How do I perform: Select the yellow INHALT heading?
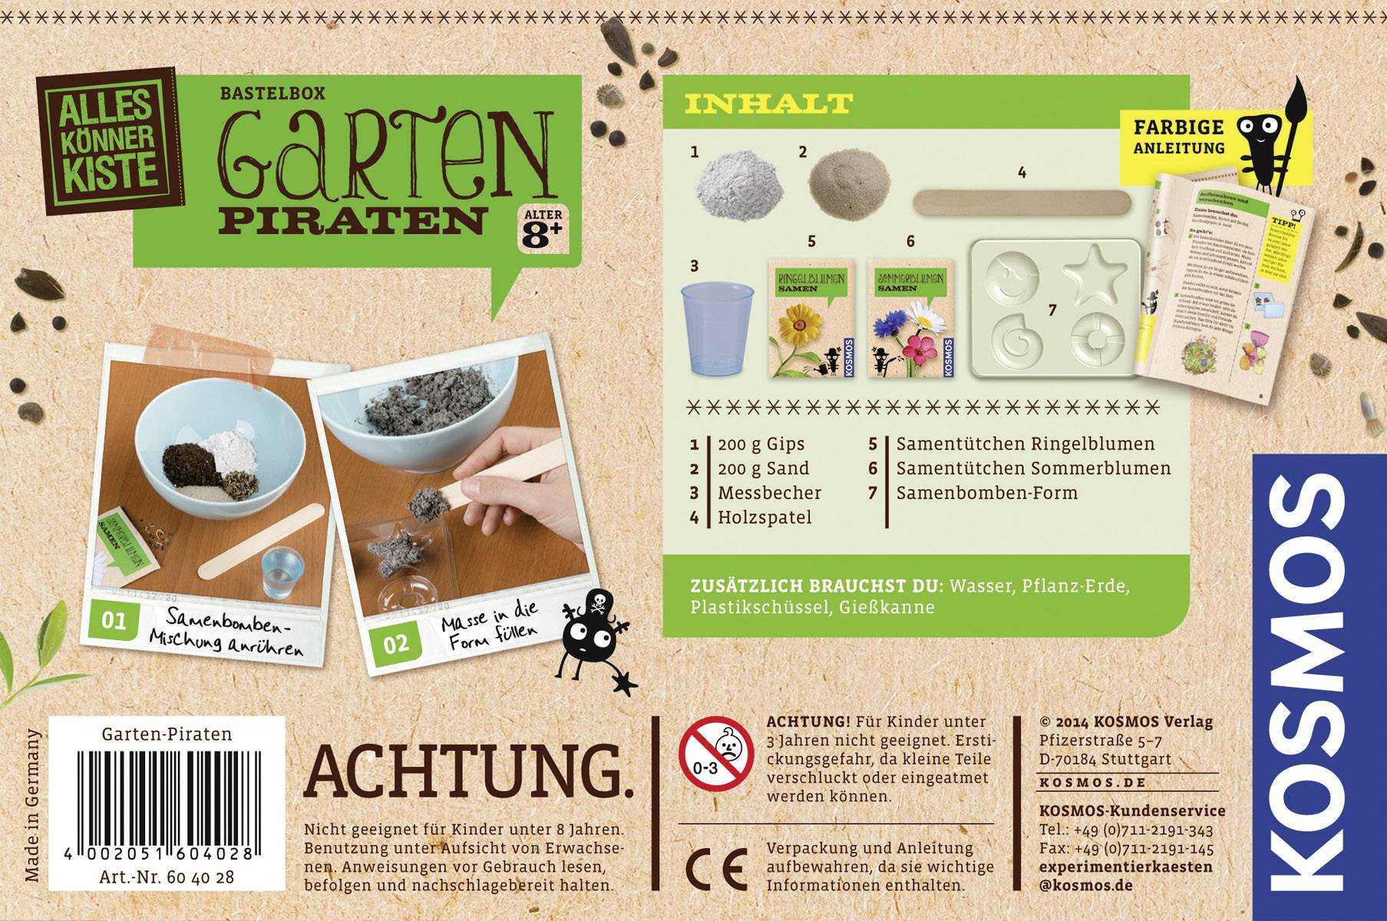pyautogui.click(x=768, y=103)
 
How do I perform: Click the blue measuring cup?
pyautogui.click(x=718, y=328)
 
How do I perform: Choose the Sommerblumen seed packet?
pyautogui.click(x=911, y=318)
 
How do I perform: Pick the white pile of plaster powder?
pyautogui.click(x=730, y=183)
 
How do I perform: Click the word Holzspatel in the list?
pyautogui.click(x=765, y=517)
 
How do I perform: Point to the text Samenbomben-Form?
pyautogui.click(x=987, y=493)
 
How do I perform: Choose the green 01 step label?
pyautogui.click(x=114, y=620)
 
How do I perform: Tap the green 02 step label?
pyautogui.click(x=396, y=643)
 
